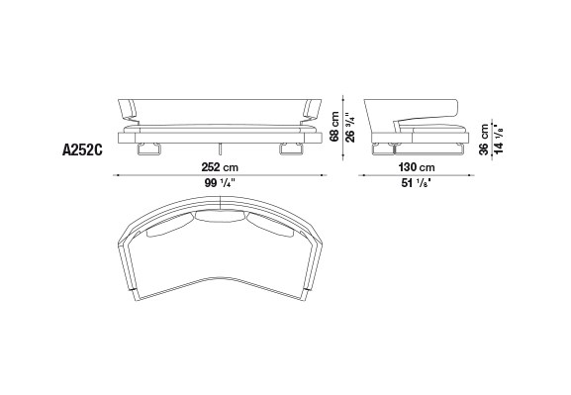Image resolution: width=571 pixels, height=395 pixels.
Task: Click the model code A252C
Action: coord(82,149)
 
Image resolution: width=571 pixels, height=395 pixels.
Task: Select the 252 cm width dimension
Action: coord(220,167)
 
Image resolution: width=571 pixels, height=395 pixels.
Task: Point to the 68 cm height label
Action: coord(334,127)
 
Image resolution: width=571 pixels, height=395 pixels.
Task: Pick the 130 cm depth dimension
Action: coord(417,167)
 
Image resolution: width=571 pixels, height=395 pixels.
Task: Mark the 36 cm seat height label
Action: coord(484,140)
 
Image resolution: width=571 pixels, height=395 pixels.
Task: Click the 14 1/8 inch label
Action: coord(499,140)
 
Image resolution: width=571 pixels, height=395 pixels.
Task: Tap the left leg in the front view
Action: coord(149,149)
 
